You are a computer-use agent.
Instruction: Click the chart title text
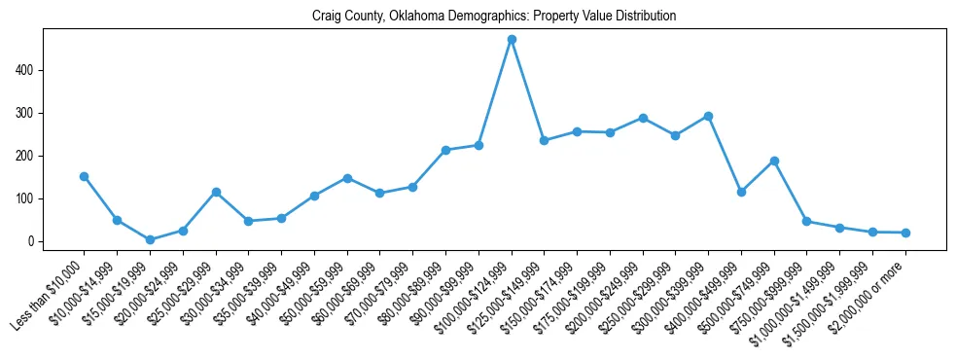[x=494, y=17]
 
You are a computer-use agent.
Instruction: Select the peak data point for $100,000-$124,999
[x=512, y=40]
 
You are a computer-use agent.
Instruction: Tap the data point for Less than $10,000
[x=85, y=176]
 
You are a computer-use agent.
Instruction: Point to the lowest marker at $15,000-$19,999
[x=150, y=239]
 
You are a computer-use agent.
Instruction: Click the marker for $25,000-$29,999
[x=216, y=192]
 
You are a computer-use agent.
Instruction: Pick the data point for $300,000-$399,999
[x=708, y=116]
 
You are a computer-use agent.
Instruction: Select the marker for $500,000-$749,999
[x=774, y=161]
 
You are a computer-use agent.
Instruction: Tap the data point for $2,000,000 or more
[x=905, y=233]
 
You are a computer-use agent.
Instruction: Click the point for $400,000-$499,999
[x=741, y=192]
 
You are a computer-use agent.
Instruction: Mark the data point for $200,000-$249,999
[x=643, y=118]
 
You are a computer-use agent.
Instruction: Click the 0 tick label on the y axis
[x=32, y=241]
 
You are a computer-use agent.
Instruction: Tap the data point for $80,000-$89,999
[x=445, y=150]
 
